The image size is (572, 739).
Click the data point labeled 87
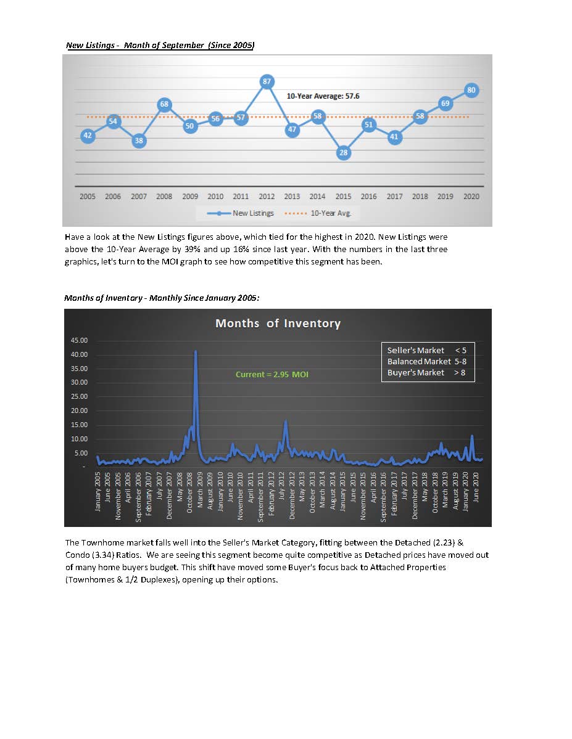(x=267, y=81)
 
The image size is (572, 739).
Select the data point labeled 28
(x=344, y=153)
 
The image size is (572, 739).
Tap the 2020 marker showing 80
(x=471, y=90)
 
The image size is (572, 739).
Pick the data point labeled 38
(x=139, y=141)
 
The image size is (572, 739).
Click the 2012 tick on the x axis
(x=267, y=197)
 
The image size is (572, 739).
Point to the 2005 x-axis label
(x=88, y=197)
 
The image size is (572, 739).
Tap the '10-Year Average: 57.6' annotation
(x=323, y=96)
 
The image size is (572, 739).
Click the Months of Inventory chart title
(x=278, y=323)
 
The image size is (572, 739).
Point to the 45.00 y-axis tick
(x=80, y=340)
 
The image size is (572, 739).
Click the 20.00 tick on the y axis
(x=80, y=410)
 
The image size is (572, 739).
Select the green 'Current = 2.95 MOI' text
(x=272, y=374)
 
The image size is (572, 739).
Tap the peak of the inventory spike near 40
(x=196, y=351)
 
